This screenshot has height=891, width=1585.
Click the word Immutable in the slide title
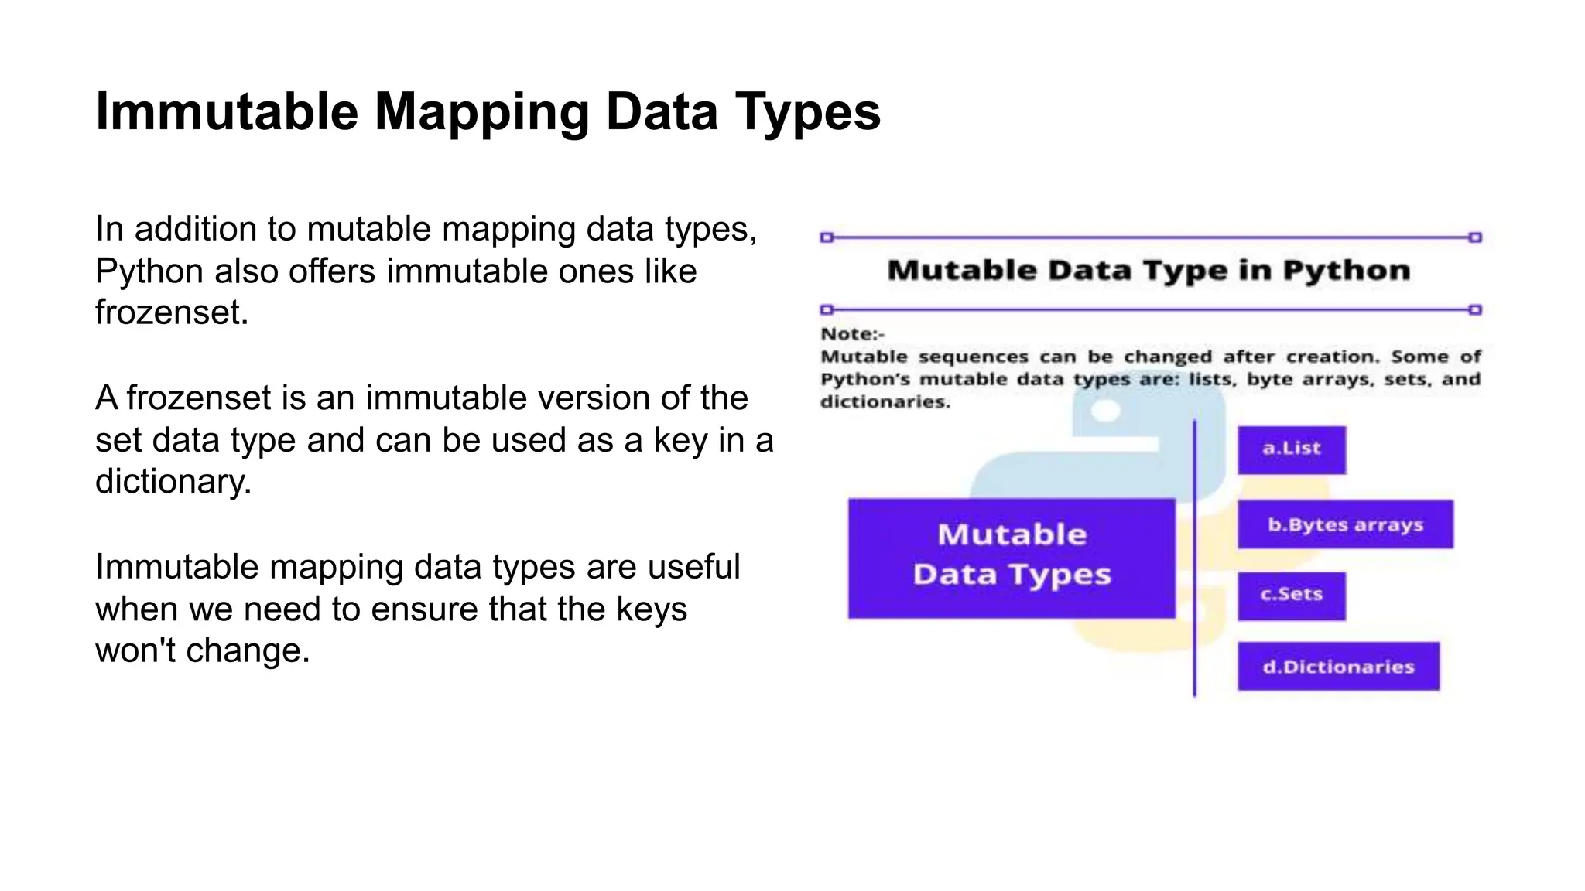coord(227,112)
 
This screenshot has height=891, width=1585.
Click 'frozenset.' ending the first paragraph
coord(172,313)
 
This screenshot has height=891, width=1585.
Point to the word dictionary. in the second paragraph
coord(173,482)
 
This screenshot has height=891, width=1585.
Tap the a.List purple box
coord(1291,449)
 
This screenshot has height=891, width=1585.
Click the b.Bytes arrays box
coord(1344,525)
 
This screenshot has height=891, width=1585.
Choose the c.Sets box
coord(1291,596)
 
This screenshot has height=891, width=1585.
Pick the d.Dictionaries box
coord(1338,666)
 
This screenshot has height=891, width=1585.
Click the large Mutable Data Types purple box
coord(1012,558)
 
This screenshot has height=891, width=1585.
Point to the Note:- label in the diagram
coord(852,334)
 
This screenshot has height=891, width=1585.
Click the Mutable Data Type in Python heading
coord(1148,271)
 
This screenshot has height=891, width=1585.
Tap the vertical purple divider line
coord(1195,557)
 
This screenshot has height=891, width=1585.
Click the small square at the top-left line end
coord(827,237)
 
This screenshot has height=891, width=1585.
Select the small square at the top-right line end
coord(1475,237)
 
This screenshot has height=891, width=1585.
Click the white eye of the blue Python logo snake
coord(1106,411)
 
